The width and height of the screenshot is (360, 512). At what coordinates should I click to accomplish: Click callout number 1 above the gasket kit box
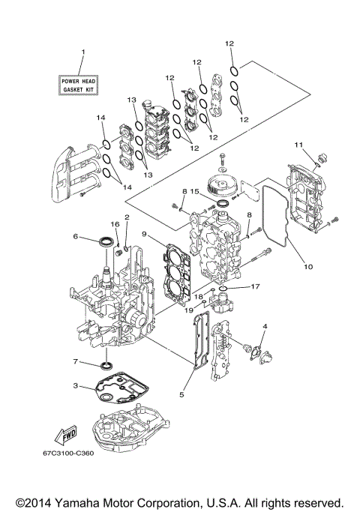83,52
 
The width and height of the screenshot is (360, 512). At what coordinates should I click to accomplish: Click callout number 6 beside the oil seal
76,236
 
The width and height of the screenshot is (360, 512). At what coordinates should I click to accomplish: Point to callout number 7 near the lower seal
75,362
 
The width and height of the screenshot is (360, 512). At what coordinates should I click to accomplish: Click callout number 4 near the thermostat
265,326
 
